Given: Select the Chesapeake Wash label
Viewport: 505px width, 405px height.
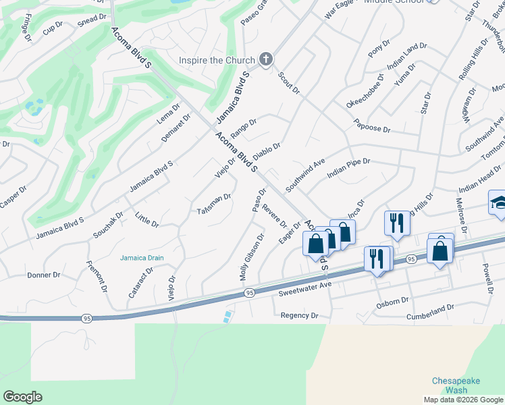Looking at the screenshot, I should (x=456, y=385).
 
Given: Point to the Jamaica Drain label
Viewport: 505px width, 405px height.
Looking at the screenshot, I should (x=142, y=257).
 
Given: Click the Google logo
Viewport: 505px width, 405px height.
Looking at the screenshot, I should (x=22, y=397).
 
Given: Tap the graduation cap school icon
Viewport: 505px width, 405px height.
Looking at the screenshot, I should (x=498, y=202).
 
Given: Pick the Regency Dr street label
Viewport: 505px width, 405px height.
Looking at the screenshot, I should (x=299, y=315).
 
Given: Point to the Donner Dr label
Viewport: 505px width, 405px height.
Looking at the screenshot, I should (x=44, y=275).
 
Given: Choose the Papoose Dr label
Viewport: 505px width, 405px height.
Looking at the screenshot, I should (x=372, y=126).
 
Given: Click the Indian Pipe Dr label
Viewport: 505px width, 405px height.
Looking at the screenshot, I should (x=348, y=167).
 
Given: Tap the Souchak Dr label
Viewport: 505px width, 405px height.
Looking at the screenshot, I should (x=109, y=225).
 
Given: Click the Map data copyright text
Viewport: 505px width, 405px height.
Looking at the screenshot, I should (x=463, y=400).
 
